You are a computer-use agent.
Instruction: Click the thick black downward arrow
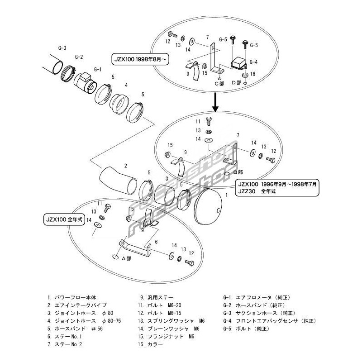(216, 104)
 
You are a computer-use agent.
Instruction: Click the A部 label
(127, 257)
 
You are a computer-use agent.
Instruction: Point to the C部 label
(219, 83)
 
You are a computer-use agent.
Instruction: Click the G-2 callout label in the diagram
(79, 57)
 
